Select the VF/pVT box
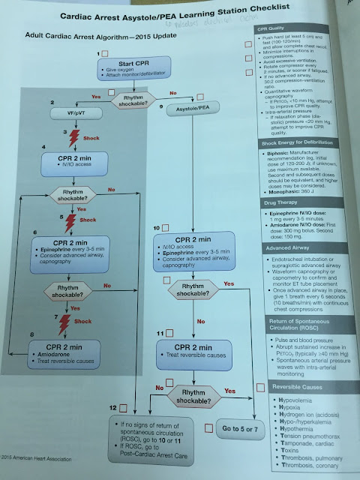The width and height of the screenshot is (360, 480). click(x=64, y=112)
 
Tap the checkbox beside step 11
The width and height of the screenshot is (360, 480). click(x=169, y=332)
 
